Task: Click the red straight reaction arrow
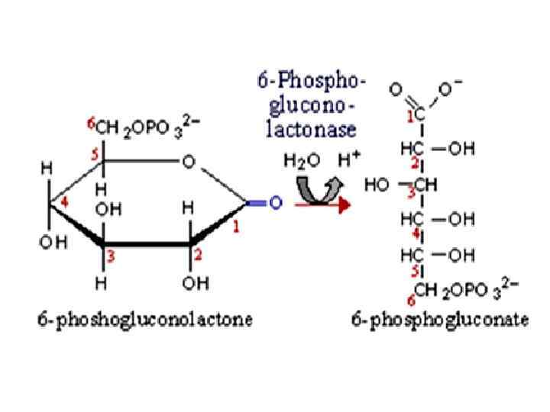point(321,204)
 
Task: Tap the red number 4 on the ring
point(67,201)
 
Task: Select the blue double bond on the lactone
point(257,203)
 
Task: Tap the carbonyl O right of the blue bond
point(275,203)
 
